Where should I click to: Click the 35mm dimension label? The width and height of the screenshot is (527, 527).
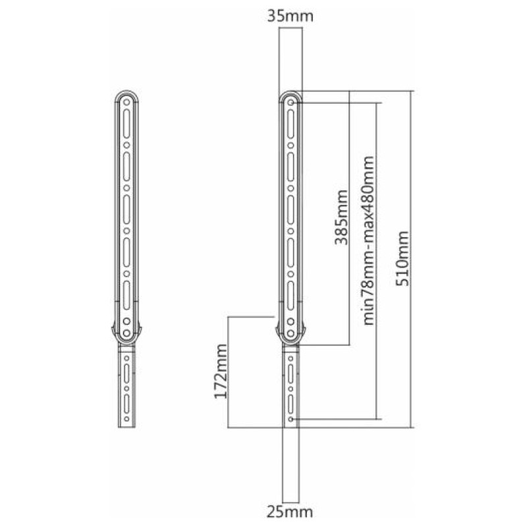(290, 16)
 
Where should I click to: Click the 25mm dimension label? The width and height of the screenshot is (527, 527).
(290, 512)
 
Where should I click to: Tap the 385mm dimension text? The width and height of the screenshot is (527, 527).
(341, 217)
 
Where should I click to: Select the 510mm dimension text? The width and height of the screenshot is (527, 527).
(402, 258)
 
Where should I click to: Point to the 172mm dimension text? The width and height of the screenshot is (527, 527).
(221, 372)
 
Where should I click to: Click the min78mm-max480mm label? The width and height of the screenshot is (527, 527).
(368, 240)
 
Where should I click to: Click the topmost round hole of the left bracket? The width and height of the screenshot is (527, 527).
(126, 102)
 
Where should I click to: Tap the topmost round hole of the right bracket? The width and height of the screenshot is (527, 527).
(291, 102)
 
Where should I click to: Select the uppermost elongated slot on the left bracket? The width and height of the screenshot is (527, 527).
(126, 123)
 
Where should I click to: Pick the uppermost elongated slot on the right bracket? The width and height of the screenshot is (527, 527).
(291, 123)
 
